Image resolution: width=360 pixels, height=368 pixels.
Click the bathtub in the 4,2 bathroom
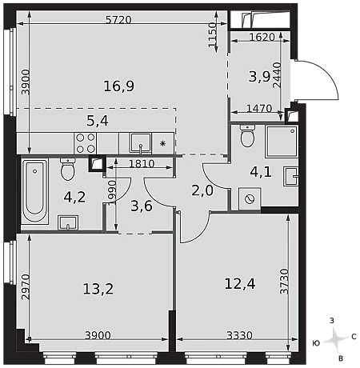(34, 191)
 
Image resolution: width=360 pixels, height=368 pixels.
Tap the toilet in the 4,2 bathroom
(68, 170)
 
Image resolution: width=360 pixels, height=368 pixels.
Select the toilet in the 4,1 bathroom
(247, 136)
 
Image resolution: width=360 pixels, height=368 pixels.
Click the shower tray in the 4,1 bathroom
(282, 142)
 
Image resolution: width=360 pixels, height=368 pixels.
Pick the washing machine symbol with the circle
(250, 199)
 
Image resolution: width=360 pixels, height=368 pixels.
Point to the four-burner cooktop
(86, 143)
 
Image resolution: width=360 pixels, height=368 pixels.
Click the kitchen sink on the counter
(141, 143)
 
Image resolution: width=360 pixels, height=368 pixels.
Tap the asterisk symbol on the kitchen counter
(162, 144)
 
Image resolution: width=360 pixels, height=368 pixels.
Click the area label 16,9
(119, 86)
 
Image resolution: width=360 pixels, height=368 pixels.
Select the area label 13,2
(98, 289)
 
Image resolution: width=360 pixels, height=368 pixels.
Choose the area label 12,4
(240, 283)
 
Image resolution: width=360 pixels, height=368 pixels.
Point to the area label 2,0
(202, 190)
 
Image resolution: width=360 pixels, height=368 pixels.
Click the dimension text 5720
(118, 20)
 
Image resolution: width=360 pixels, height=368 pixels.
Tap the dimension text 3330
(239, 335)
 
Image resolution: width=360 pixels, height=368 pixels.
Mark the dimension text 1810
(142, 163)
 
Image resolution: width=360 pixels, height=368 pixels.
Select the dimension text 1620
(262, 37)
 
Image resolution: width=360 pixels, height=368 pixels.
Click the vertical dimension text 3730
(284, 282)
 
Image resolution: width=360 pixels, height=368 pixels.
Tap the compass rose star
(335, 339)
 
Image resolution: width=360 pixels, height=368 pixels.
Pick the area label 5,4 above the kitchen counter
(98, 121)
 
